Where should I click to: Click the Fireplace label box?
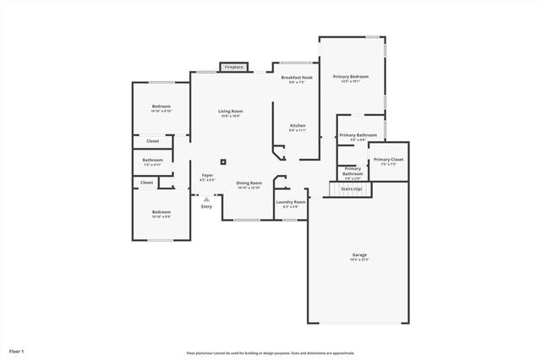coord(234,67)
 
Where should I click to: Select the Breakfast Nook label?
coord(298,77)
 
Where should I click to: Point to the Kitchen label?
coord(298,125)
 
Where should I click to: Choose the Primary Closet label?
coord(389,159)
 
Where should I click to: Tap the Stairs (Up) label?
coord(352,189)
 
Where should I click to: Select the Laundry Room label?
coord(291,202)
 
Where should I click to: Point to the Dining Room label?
coord(249,183)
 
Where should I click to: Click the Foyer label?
coord(207,176)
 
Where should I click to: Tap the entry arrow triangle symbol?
coord(206,199)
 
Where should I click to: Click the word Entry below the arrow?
coord(206,206)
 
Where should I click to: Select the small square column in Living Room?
coord(223,161)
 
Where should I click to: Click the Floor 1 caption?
coord(17,350)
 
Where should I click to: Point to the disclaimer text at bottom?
coord(270,352)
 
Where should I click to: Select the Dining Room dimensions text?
coord(249,188)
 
